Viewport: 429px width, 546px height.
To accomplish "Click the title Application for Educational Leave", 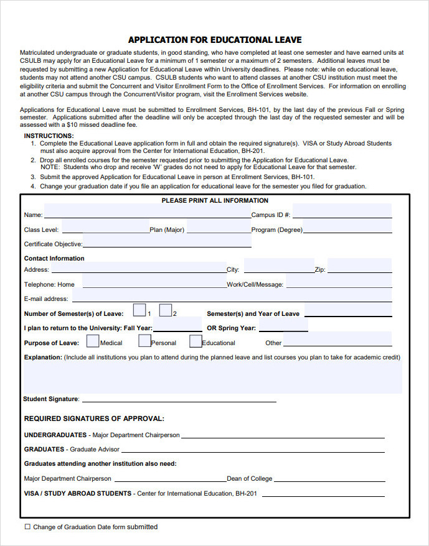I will coord(215,40).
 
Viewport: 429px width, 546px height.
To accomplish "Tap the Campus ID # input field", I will coord(342,211).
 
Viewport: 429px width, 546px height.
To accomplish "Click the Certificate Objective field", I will coord(167,242).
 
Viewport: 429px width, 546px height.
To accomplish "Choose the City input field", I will coord(278,267).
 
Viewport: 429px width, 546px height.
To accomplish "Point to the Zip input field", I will coord(359,267).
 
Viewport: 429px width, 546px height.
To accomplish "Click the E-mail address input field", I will coord(231,297).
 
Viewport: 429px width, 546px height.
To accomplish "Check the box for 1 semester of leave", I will coord(139,310).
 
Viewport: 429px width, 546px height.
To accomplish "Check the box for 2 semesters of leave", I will coord(166,310).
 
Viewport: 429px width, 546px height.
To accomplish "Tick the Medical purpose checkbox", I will coord(93,341).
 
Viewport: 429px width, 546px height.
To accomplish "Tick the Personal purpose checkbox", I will coord(144,341).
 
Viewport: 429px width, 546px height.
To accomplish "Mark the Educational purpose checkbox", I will coord(196,341).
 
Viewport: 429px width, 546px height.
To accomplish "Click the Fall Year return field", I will coord(177,326).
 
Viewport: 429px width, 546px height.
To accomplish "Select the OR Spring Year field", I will coord(283,326).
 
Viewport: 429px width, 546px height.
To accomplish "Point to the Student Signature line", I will coord(179,399).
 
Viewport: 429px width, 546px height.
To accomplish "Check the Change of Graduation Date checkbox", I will coord(27,527).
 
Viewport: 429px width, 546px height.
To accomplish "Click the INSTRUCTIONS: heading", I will coord(49,136).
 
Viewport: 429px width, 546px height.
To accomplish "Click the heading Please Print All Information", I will coord(215,201).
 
